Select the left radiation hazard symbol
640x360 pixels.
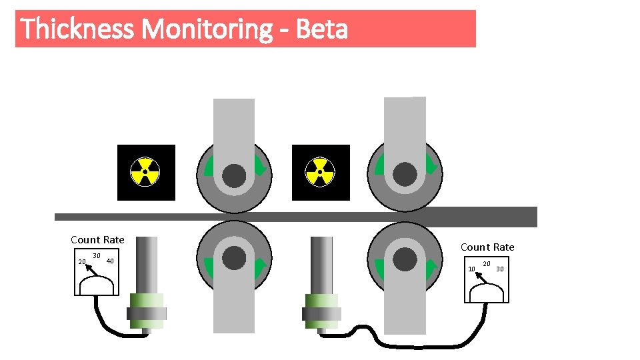pos(145,172)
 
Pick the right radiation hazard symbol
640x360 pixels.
pos(320,172)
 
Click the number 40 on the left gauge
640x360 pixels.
pos(111,261)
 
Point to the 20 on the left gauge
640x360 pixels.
pos(82,262)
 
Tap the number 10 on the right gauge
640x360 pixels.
pos(471,269)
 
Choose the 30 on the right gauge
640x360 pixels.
pos(500,269)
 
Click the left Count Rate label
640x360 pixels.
pos(97,240)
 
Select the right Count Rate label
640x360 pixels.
pos(487,247)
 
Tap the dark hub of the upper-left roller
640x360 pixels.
pos(234,176)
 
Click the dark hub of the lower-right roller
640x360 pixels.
pos(405,259)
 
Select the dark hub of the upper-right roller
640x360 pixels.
pos(405,175)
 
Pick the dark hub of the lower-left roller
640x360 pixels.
pos(234,258)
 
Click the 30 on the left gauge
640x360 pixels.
pos(97,256)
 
